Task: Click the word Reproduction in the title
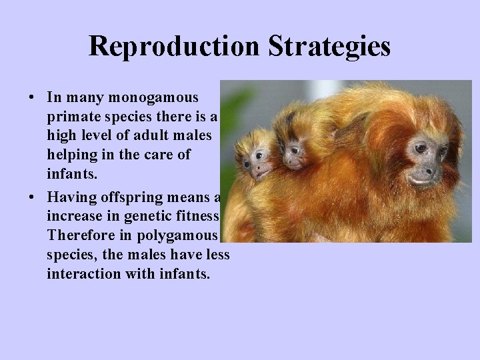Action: pos(175,47)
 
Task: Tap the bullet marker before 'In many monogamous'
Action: pos(32,97)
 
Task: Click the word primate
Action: pos(71,117)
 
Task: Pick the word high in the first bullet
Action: pos(61,135)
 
